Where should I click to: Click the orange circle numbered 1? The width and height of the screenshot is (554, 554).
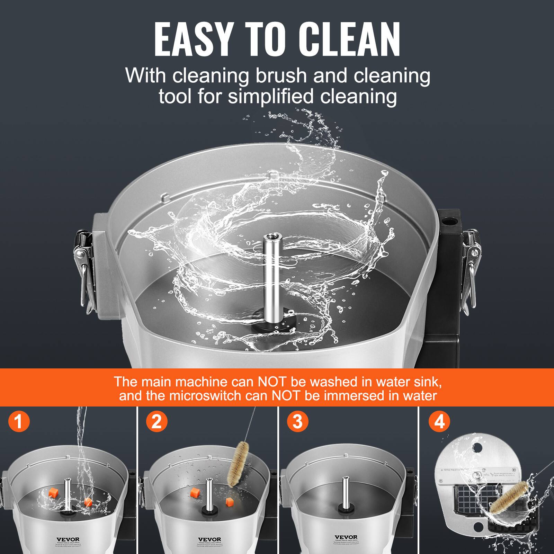pyautogui.click(x=19, y=422)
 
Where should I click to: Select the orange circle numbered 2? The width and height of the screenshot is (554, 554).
pyautogui.click(x=157, y=422)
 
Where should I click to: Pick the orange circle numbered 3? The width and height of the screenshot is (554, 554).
pyautogui.click(x=297, y=422)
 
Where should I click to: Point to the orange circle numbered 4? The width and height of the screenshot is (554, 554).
pyautogui.click(x=439, y=422)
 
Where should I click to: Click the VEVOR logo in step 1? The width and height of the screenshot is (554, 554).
pyautogui.click(x=68, y=539)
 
